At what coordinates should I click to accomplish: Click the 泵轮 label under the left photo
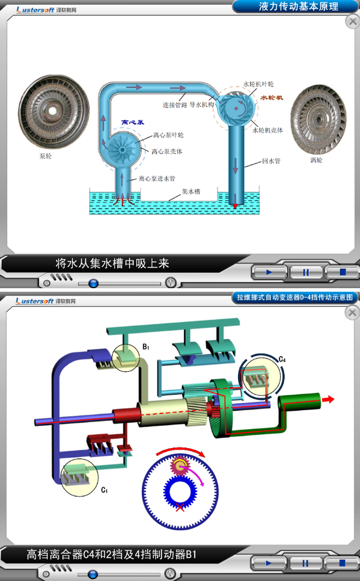pyautogui.click(x=46, y=156)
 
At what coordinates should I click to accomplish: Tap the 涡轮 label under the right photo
pyautogui.click(x=316, y=160)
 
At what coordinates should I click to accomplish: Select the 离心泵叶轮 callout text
pyautogui.click(x=168, y=135)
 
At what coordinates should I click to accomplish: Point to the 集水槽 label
pyautogui.click(x=191, y=192)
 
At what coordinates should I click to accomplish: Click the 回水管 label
pyautogui.click(x=271, y=161)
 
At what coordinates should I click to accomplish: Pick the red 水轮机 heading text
pyautogui.click(x=272, y=97)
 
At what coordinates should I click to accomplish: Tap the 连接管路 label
pyautogui.click(x=175, y=105)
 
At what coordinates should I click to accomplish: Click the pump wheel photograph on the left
pyautogui.click(x=54, y=111)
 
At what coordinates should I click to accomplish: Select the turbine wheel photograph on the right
pyautogui.click(x=319, y=119)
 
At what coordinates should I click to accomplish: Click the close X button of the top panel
pyautogui.click(x=352, y=22)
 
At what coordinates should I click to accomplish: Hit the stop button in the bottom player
pyautogui.click(x=342, y=563)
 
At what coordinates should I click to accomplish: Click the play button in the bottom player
pyautogui.click(x=269, y=563)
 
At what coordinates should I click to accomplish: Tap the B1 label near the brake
pyautogui.click(x=146, y=347)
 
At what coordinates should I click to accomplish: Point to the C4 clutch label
pyautogui.click(x=282, y=359)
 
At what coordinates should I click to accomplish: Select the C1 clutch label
pyautogui.click(x=105, y=490)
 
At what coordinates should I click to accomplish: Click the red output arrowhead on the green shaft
pyautogui.click(x=329, y=399)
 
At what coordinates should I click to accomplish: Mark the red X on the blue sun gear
pyautogui.click(x=180, y=507)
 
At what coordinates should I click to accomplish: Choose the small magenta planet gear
pyautogui.click(x=179, y=467)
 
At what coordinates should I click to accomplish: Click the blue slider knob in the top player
pyautogui.click(x=93, y=283)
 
